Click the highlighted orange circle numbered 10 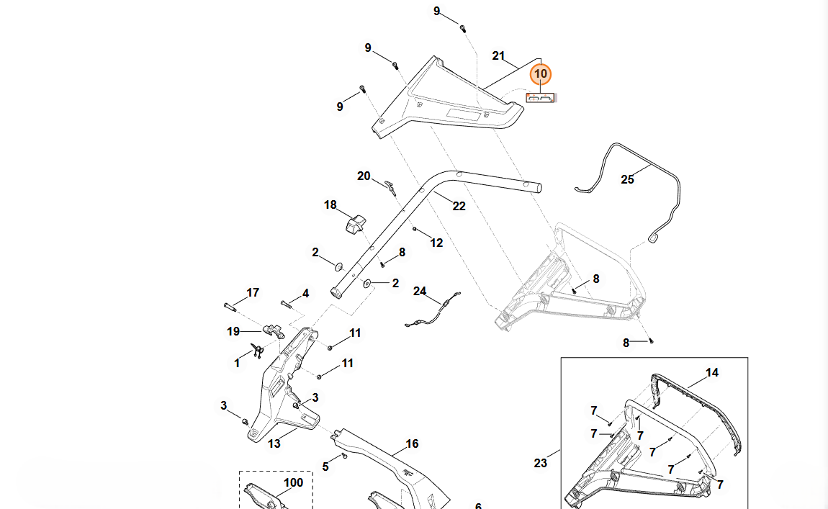540,74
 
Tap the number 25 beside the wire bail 627,179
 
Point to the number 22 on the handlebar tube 459,206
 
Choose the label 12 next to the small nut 436,243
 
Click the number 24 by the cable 420,291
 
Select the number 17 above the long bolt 253,292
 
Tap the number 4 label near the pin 305,294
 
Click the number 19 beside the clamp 233,331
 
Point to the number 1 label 237,364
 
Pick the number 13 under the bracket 274,443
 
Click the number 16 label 412,443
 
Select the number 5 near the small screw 325,467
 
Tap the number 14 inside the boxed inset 711,372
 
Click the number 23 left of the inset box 540,463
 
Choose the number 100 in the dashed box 294,482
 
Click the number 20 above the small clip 364,176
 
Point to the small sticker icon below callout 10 541,98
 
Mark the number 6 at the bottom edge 478,505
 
